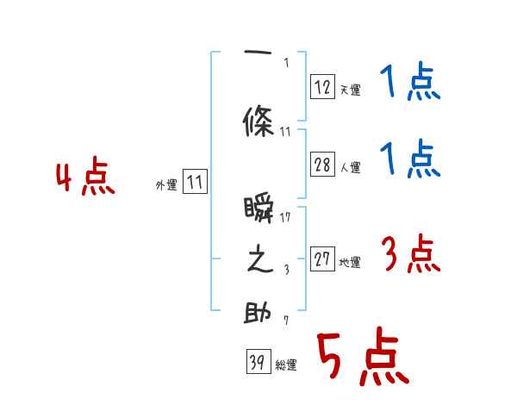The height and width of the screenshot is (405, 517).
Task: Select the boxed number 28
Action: tap(323, 165)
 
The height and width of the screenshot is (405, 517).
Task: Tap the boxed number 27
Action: tap(323, 259)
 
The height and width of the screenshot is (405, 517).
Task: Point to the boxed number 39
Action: tap(258, 363)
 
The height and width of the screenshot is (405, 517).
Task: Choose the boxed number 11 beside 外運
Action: tap(195, 182)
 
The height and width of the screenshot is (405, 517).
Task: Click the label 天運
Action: tap(350, 90)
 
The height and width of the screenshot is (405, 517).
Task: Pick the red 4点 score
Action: tap(84, 178)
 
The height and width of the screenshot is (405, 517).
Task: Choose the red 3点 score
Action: tap(410, 254)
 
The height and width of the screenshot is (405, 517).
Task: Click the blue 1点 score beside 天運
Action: tap(409, 83)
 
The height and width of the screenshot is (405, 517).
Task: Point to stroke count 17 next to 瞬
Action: tap(286, 216)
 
